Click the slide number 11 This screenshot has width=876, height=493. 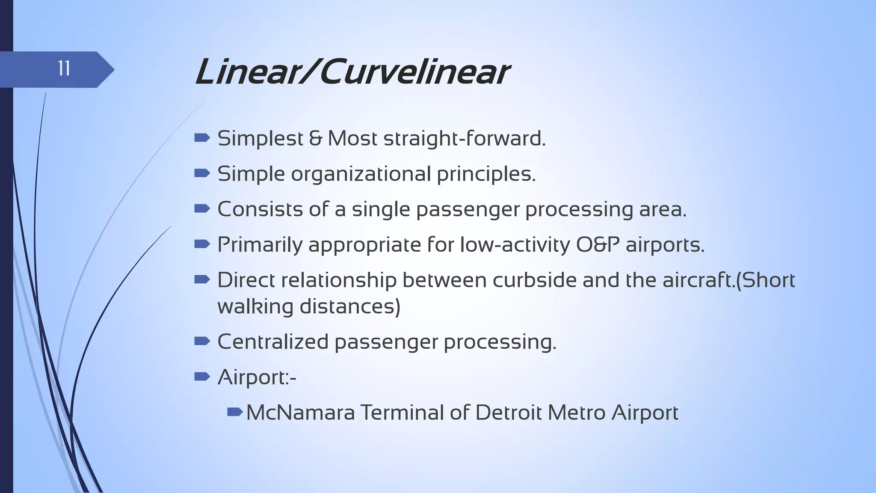point(64,69)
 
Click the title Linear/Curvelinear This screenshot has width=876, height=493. point(352,72)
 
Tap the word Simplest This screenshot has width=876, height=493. point(260,139)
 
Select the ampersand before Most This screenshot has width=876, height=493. point(315,139)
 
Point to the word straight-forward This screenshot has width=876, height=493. point(465,139)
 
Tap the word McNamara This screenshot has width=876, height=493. point(300,413)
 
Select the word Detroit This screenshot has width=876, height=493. point(508,413)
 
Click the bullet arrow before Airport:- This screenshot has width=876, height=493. point(202,377)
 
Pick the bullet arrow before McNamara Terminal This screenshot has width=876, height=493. point(235,412)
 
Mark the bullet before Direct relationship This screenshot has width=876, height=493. point(202,280)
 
